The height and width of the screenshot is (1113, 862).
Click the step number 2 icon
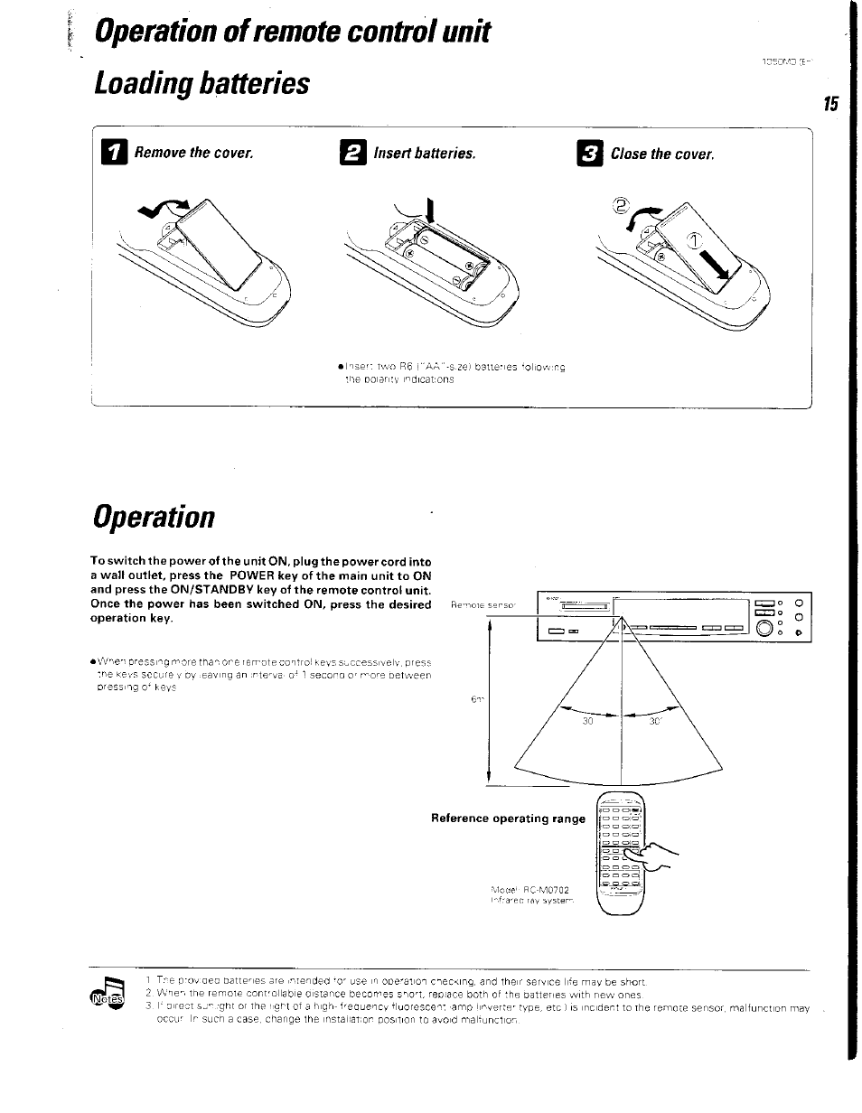(x=357, y=154)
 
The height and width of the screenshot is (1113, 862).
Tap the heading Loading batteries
(x=201, y=84)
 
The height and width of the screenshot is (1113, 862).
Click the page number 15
(x=830, y=105)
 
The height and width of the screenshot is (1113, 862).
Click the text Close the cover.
(x=662, y=154)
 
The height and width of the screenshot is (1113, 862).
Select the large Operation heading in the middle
(x=153, y=516)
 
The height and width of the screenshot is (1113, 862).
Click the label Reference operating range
(x=509, y=818)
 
